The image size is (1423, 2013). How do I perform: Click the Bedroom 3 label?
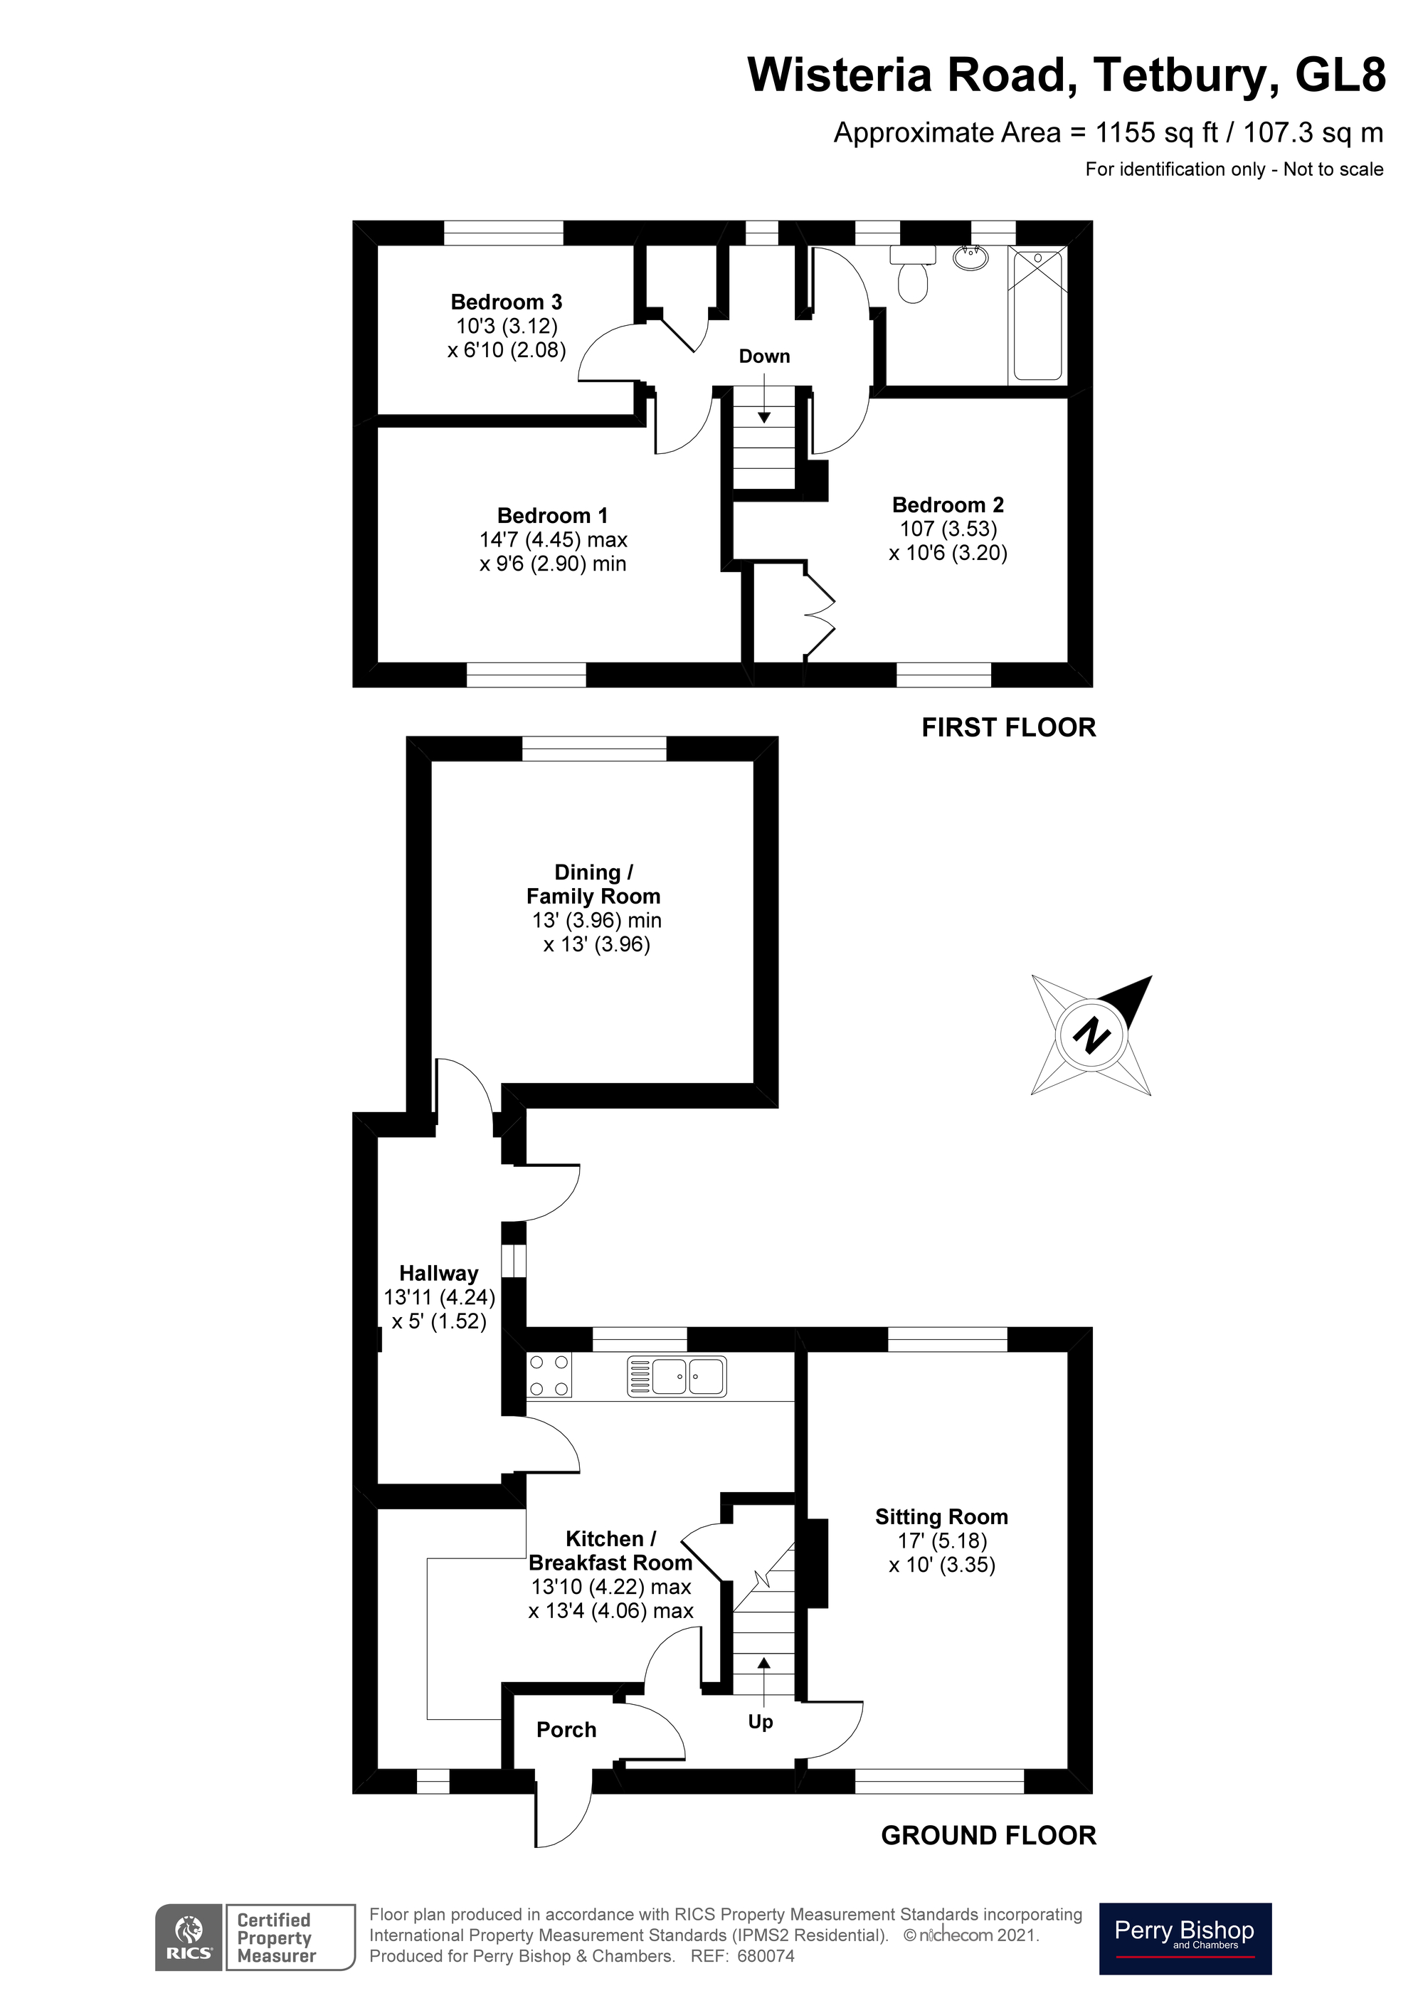click(506, 302)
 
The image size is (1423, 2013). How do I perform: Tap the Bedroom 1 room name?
click(551, 515)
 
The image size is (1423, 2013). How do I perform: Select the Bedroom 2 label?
click(947, 505)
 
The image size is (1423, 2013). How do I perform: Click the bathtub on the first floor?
click(1037, 316)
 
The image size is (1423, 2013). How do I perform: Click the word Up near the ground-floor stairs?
click(760, 1722)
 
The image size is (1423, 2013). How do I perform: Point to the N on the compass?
click(1091, 1035)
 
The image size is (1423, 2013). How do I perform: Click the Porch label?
click(566, 1730)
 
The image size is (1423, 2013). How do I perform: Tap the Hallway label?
click(438, 1273)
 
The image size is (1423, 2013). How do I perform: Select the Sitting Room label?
click(941, 1517)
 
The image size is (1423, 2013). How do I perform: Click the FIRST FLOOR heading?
click(1008, 728)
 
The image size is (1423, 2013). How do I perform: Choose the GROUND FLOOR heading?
click(988, 1835)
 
